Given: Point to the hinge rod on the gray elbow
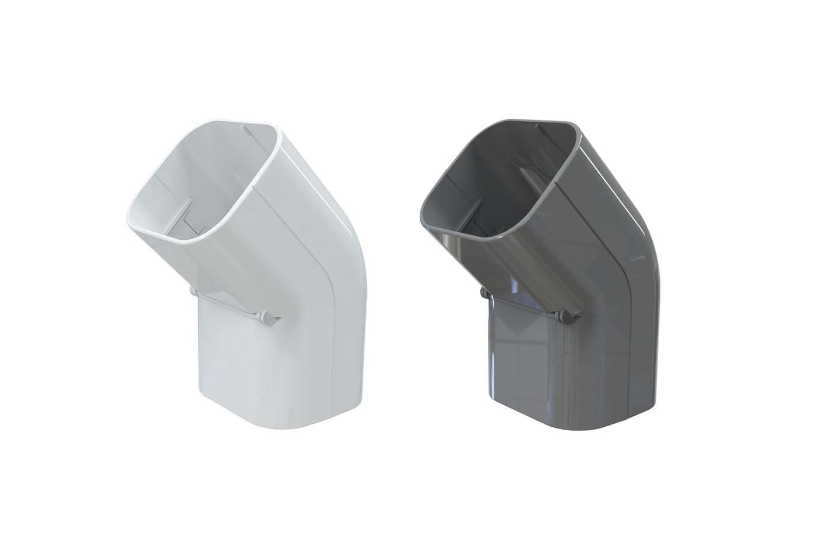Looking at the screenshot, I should coord(523,304).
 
